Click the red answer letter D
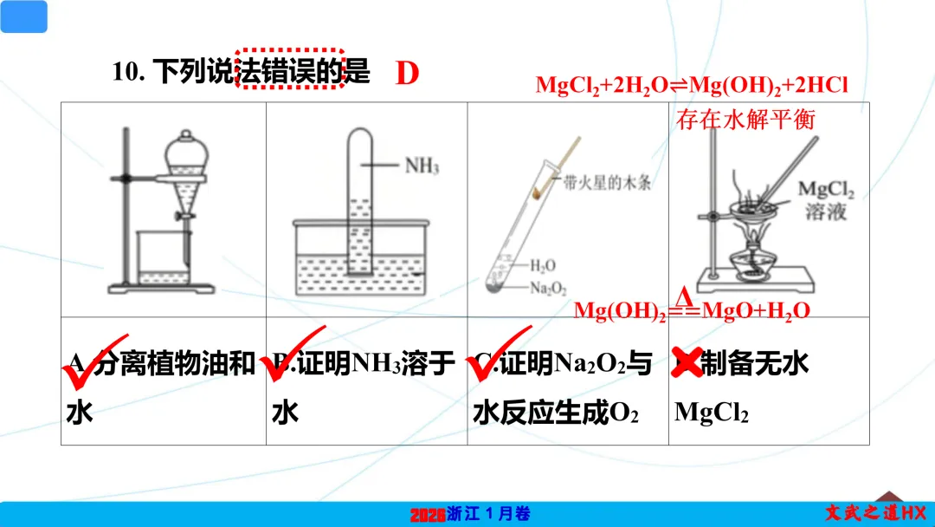pos(408,74)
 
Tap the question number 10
pos(132,72)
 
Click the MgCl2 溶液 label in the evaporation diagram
pos(825,201)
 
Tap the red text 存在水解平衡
pos(746,119)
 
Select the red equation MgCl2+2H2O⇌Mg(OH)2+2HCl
pos(690,86)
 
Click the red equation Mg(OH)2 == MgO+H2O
pos(692,310)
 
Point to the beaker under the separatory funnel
pos(164,257)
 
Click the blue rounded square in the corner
pos(24,16)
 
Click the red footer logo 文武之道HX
pos(874,513)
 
